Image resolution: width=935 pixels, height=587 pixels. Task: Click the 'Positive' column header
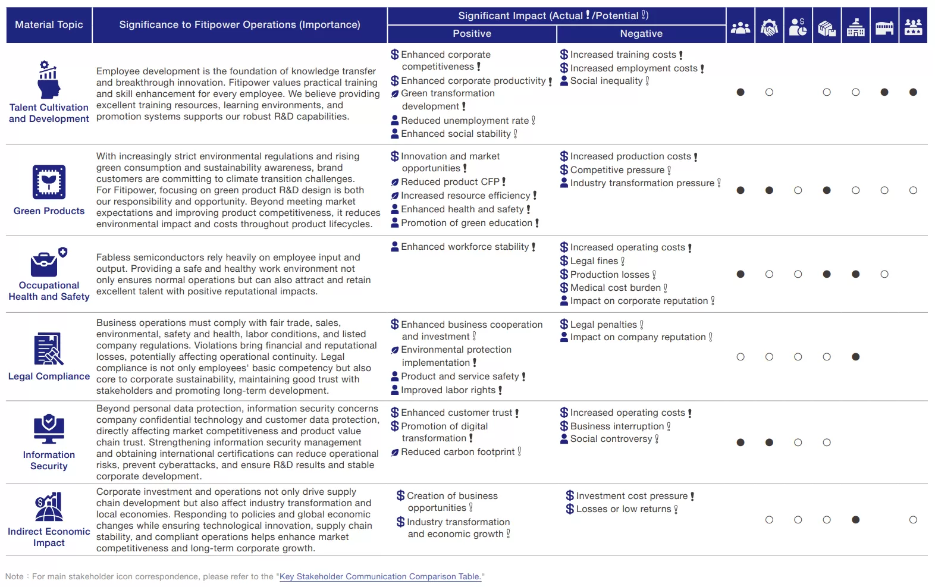472,34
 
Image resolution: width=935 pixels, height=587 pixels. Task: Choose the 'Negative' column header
641,34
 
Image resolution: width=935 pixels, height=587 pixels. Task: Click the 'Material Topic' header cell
49,25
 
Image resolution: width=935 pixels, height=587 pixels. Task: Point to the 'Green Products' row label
49,211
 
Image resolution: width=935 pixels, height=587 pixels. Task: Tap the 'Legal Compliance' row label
49,376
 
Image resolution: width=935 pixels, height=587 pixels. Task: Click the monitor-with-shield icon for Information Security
49,429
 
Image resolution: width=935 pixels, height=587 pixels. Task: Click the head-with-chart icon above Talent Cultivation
49,80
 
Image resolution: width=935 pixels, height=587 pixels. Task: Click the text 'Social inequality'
606,81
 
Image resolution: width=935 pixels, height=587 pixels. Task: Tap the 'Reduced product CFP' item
450,182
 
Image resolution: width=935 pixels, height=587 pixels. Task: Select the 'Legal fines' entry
594,261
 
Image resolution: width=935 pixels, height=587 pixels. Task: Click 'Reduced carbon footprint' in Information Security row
457,452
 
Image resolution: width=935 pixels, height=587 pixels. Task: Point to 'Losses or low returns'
623,509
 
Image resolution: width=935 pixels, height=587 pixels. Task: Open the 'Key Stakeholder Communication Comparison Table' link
380,576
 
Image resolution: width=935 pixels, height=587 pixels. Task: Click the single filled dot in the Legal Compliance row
855,357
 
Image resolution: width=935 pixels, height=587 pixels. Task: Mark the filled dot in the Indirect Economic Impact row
855,520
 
